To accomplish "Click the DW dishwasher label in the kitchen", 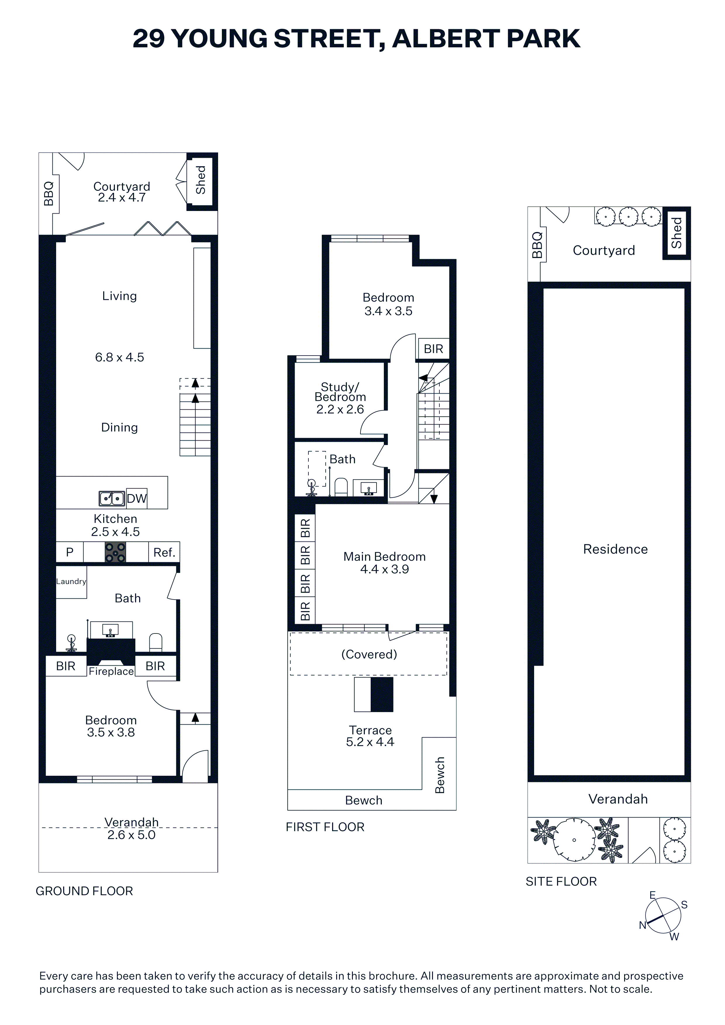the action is [x=137, y=499].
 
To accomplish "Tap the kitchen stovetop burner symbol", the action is [x=115, y=552].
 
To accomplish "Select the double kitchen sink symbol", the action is [x=112, y=498].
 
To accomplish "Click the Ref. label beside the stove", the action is [x=164, y=553].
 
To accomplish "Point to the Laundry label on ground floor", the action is [x=71, y=581].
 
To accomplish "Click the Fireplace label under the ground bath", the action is [x=111, y=671].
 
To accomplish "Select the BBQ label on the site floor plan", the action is [x=537, y=245].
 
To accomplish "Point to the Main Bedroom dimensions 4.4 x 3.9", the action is [x=385, y=569].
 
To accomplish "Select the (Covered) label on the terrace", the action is [x=369, y=655].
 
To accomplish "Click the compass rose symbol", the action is [x=663, y=915].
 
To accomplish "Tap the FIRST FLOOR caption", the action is [x=325, y=827].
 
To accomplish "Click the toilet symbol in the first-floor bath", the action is [x=341, y=487].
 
